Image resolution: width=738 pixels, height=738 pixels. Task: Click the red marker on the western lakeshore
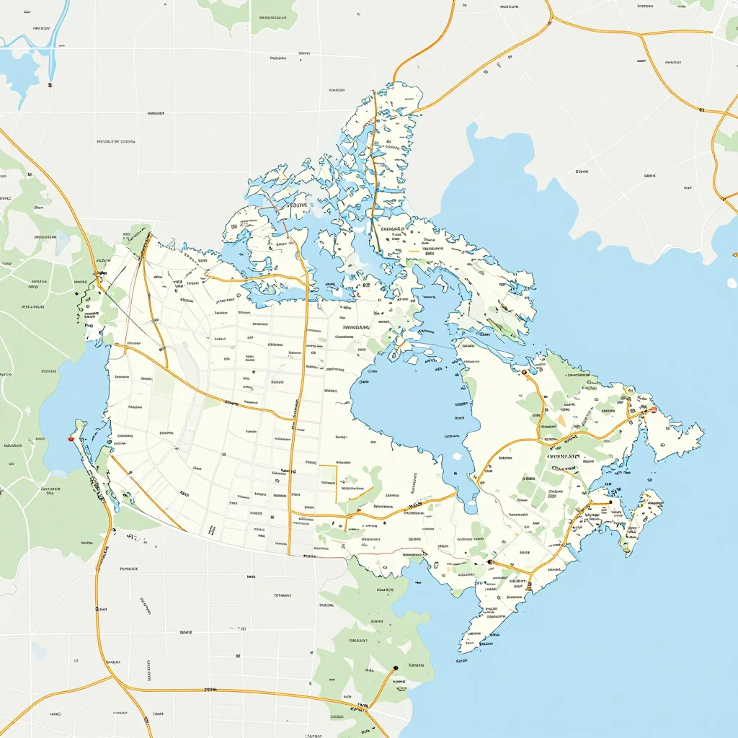[x=71, y=438]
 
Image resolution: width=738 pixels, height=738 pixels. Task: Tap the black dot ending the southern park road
[x=396, y=669]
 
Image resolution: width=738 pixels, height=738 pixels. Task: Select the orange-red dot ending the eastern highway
[x=653, y=410]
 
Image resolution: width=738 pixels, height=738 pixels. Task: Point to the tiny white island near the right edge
[x=732, y=283]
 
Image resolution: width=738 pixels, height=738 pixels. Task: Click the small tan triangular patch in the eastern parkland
[x=561, y=420]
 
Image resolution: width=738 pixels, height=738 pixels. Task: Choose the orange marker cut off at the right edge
[x=734, y=254]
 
